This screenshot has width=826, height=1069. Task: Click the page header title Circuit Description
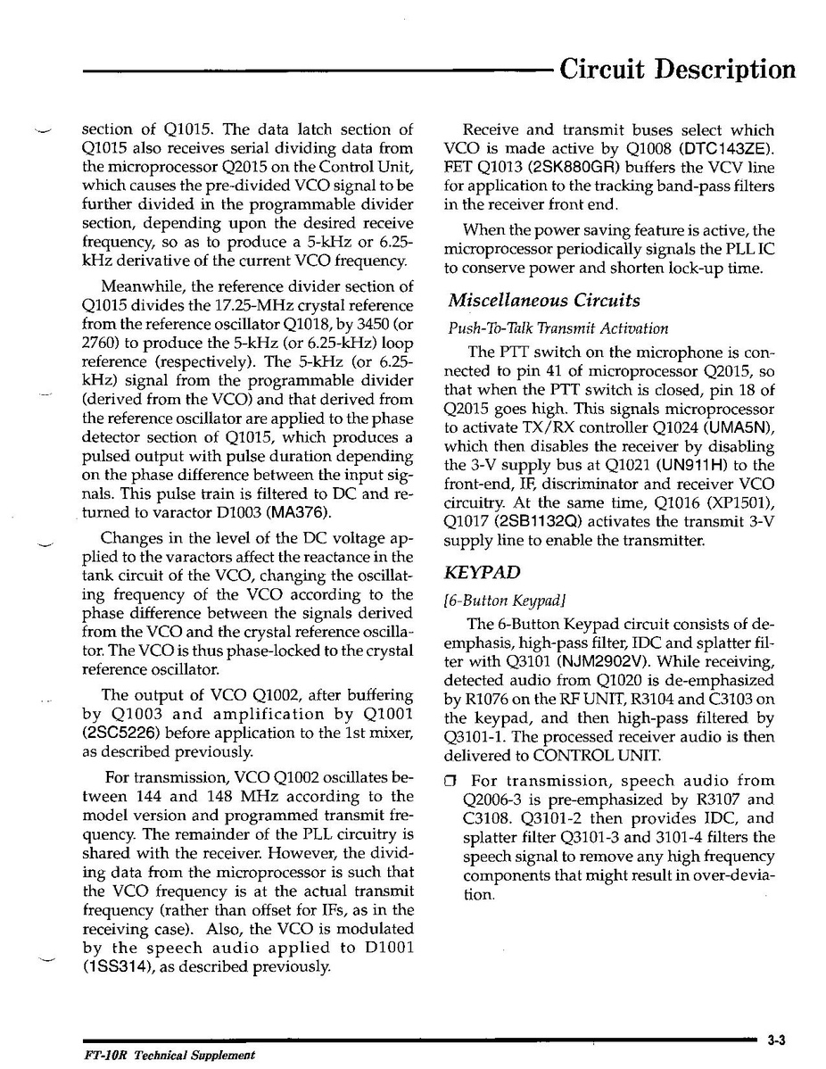tap(677, 69)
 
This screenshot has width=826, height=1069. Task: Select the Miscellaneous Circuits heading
tap(544, 301)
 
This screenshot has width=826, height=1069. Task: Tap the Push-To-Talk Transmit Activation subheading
tap(558, 328)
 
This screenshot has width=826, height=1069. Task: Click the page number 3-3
tap(775, 1040)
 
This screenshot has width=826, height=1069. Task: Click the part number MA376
tap(299, 512)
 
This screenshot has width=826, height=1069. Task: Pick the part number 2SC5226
tap(120, 733)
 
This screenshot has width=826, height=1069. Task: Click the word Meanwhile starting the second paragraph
tap(143, 287)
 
